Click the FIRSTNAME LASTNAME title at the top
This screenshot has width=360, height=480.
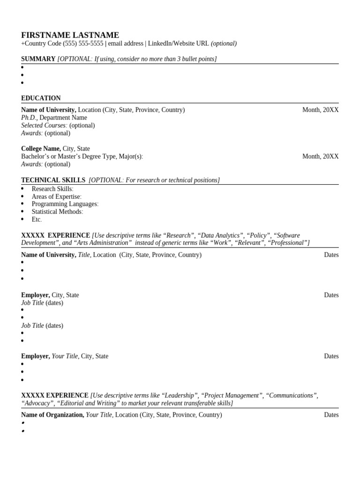(x=70, y=35)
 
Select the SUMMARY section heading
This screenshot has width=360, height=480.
(x=38, y=59)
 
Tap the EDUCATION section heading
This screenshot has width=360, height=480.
(x=41, y=98)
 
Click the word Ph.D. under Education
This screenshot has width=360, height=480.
(x=29, y=118)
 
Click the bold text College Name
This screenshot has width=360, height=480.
(x=41, y=149)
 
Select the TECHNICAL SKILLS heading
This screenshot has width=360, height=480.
(x=53, y=180)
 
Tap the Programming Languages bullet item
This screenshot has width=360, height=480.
(x=65, y=204)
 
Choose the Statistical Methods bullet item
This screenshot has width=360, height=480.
(x=57, y=212)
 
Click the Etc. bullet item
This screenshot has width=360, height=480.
(x=37, y=219)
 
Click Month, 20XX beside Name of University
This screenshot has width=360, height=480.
(x=320, y=110)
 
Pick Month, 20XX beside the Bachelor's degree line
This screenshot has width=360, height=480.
(x=320, y=157)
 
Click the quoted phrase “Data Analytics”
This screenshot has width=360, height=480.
(x=219, y=235)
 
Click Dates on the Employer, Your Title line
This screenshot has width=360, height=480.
(x=331, y=356)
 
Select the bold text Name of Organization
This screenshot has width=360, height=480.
(x=52, y=415)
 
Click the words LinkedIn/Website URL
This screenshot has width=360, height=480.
(x=178, y=44)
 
